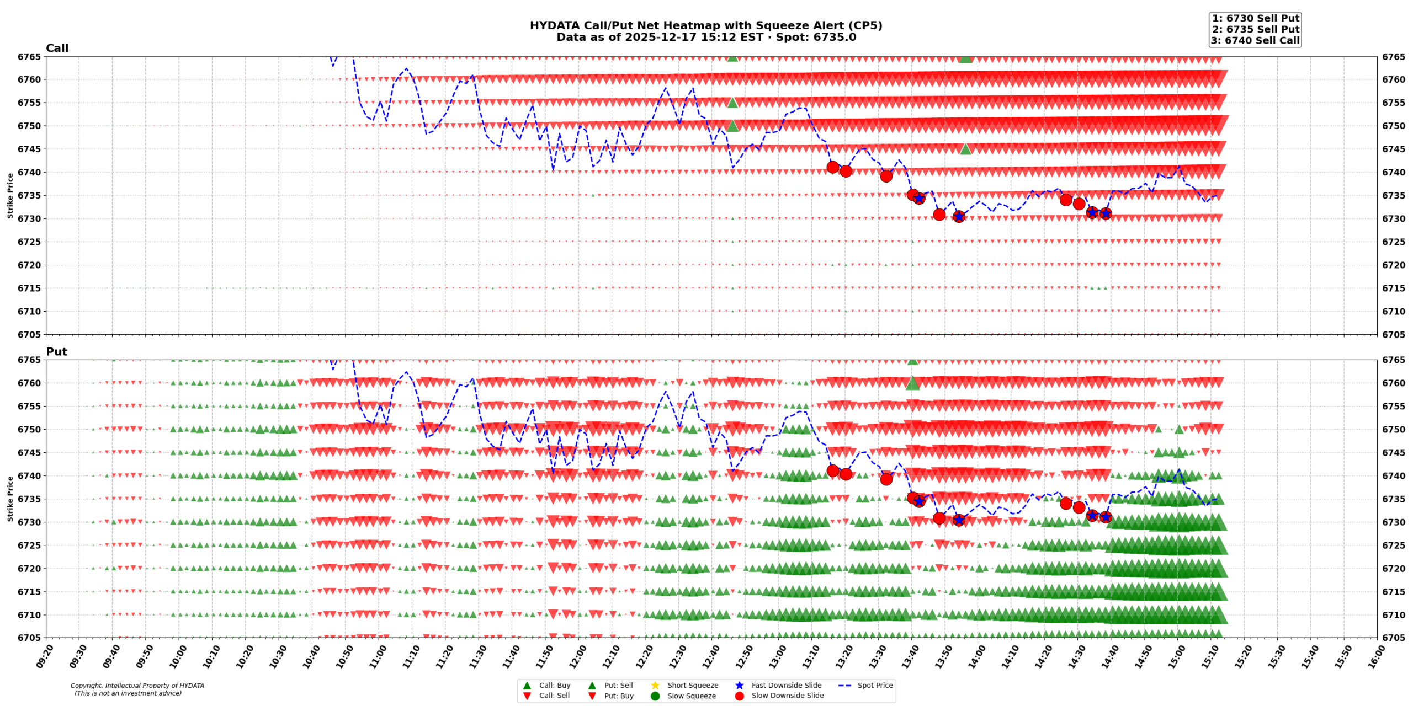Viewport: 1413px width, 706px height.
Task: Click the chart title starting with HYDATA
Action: [x=705, y=26]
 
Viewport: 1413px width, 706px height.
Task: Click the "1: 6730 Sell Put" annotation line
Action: [x=1255, y=18]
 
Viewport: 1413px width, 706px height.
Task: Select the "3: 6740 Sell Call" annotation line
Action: [x=1255, y=40]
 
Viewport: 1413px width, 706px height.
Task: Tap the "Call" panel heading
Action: [x=57, y=48]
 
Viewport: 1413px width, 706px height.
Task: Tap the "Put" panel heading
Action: [x=56, y=351]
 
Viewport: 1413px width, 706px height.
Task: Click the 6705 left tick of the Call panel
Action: [x=29, y=334]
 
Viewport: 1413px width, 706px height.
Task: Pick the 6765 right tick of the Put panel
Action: [x=1394, y=360]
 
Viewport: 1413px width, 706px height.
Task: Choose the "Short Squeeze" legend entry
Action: [x=692, y=686]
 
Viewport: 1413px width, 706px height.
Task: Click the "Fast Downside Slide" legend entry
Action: [x=786, y=686]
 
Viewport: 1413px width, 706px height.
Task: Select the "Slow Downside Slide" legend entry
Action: [x=787, y=696]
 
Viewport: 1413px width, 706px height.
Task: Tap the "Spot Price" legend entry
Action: [x=875, y=686]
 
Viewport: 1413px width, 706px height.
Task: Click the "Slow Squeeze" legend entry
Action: [x=691, y=696]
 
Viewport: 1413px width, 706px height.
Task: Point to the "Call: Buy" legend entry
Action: [x=554, y=686]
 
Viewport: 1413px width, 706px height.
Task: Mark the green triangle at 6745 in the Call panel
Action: [x=965, y=149]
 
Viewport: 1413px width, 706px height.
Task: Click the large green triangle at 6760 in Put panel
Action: [x=912, y=383]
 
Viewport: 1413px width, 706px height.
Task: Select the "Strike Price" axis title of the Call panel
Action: [x=10, y=195]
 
